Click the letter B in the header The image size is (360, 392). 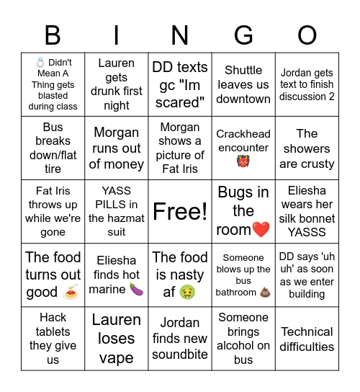pos(53,34)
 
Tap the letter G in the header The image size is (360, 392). pos(243,34)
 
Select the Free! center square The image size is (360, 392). pos(180,211)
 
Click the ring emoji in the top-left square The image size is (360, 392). pos(40,63)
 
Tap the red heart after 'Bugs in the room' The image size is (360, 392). pos(261,231)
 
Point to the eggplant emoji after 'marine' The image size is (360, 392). pos(136,289)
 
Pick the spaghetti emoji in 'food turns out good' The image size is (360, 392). pos(71,293)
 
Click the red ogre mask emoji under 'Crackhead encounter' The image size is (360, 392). pos(243,161)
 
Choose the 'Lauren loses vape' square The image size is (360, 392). pos(117,339)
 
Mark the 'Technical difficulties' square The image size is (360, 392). pos(307,339)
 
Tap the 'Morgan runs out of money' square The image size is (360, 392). pos(117,148)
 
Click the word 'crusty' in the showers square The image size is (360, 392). pos(317,164)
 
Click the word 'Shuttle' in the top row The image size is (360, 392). pos(243,70)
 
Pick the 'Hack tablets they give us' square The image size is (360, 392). pos(53,339)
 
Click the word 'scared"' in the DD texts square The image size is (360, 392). pos(180,102)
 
